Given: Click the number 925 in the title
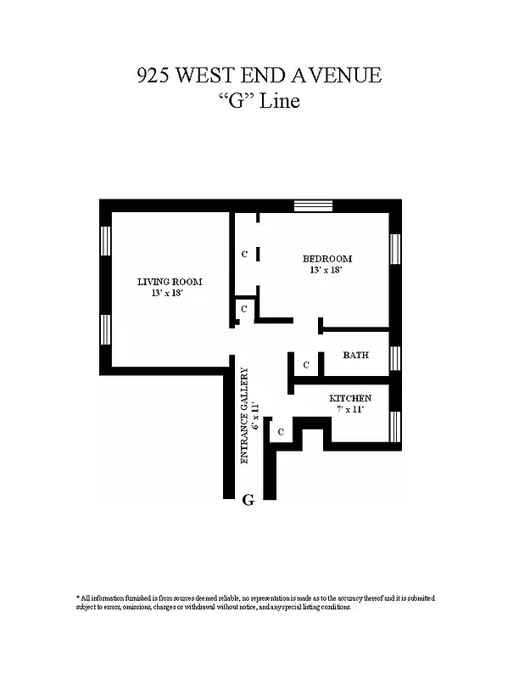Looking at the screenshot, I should click(154, 76).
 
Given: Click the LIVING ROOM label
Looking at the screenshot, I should click(170, 282).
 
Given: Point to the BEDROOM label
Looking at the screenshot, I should click(327, 259).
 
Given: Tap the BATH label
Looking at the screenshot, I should click(355, 356).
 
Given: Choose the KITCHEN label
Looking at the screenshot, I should click(349, 398).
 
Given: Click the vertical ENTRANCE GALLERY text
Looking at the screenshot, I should click(245, 414).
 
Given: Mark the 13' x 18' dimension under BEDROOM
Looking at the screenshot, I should click(327, 270).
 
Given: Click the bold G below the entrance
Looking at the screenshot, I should click(248, 500).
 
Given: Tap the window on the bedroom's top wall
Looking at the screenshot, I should click(307, 205).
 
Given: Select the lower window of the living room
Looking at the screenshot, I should click(106, 329).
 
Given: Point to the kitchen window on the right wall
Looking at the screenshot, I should click(394, 424).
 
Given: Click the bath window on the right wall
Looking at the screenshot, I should click(394, 357).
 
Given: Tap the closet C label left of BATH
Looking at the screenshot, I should click(307, 366).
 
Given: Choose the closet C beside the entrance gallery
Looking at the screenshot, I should click(280, 432).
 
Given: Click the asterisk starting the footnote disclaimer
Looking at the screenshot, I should click(78, 598).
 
